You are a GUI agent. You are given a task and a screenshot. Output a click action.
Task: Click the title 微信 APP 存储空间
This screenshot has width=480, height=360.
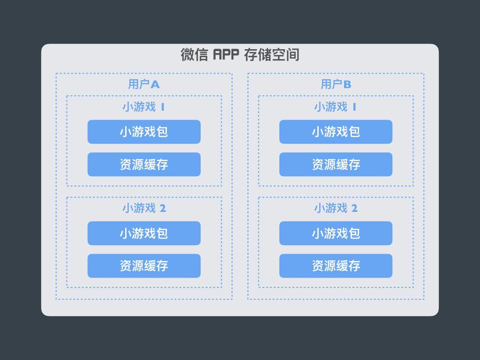tap(240, 55)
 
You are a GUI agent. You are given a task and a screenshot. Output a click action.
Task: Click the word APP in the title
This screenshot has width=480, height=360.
tap(226, 55)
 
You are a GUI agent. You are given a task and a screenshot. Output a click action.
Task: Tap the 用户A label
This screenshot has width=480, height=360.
tap(144, 84)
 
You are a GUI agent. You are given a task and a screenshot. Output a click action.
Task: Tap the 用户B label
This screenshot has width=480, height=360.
tap(336, 84)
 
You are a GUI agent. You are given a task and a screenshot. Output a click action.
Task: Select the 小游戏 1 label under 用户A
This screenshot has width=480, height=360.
tap(144, 107)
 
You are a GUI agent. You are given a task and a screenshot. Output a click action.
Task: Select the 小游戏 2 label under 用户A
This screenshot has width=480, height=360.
tap(144, 208)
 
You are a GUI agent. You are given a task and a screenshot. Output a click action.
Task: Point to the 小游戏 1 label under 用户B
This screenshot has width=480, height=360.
tap(336, 107)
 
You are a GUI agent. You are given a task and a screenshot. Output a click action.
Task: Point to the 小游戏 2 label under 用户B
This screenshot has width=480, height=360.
tap(336, 208)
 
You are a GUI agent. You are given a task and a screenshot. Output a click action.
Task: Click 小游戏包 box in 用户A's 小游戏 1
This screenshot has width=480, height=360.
tap(144, 132)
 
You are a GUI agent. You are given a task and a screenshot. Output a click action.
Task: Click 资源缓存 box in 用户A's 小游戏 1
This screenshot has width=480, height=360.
tap(144, 165)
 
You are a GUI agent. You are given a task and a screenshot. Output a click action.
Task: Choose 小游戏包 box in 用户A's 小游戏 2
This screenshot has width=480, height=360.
tap(144, 233)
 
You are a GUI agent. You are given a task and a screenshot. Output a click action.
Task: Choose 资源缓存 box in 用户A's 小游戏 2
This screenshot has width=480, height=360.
tap(144, 266)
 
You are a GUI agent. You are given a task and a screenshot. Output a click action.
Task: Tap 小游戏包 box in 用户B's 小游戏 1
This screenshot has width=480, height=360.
tap(336, 132)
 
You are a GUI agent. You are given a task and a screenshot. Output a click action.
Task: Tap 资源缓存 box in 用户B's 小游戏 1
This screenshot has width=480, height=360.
tap(336, 165)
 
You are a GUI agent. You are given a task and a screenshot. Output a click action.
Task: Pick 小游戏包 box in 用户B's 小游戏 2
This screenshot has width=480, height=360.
tap(336, 233)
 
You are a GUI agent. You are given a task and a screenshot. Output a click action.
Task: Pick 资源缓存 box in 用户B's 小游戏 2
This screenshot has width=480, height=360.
tap(336, 266)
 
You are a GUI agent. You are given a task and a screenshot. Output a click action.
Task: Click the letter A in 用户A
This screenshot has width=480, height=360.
tap(155, 85)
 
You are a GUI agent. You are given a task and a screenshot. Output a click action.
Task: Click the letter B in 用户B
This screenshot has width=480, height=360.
tap(347, 85)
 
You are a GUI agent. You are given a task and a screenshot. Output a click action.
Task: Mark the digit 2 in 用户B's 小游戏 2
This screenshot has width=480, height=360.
tap(354, 209)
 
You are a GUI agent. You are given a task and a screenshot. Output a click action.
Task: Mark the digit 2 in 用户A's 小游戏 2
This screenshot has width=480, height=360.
tap(163, 209)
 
